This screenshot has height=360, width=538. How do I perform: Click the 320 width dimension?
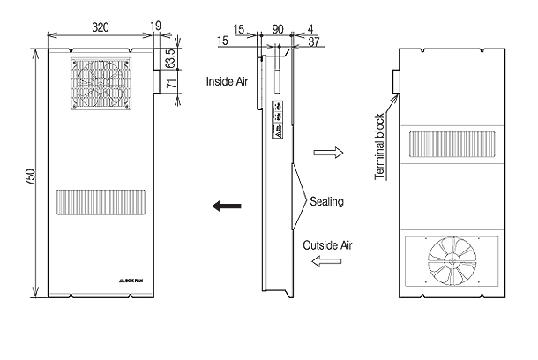click(x=102, y=27)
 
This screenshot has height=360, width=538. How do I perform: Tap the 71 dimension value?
click(x=170, y=85)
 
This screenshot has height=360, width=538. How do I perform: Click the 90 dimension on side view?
click(x=279, y=29)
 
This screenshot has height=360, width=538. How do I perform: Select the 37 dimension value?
click(x=316, y=41)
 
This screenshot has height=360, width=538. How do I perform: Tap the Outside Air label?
click(x=327, y=244)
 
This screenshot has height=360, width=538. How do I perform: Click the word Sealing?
click(x=326, y=202)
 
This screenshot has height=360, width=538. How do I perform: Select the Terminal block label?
click(x=379, y=146)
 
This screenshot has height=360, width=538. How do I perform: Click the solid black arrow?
click(x=227, y=206)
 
